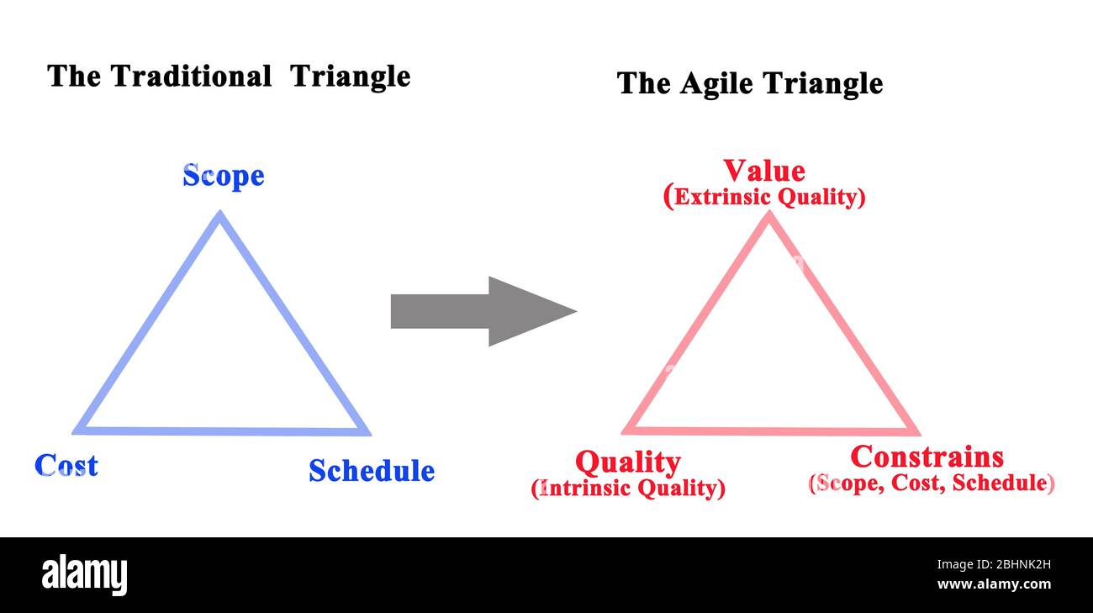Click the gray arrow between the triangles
tap(483, 311)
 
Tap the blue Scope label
tap(224, 177)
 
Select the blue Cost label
tap(66, 465)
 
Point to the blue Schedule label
tap(372, 471)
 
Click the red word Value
tap(764, 171)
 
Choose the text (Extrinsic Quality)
tap(764, 197)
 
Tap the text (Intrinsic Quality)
tap(628, 488)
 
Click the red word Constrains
tap(927, 457)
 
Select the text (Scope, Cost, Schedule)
tap(932, 483)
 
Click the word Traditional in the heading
tap(191, 77)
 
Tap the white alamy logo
tap(84, 574)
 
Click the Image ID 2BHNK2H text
tap(994, 565)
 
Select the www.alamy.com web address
tap(994, 584)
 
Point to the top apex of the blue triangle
tap(219, 211)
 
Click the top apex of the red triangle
tap(769, 211)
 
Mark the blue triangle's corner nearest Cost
tap(74, 432)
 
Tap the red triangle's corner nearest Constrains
tap(919, 434)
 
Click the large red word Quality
tap(628, 462)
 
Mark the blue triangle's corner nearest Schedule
tap(370, 434)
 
